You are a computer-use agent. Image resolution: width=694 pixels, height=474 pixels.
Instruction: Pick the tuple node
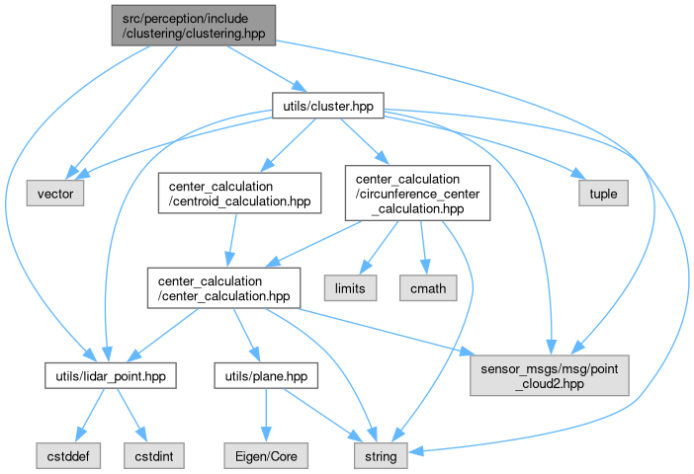(x=602, y=194)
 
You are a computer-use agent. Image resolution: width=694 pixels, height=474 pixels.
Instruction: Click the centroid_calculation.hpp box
(x=240, y=194)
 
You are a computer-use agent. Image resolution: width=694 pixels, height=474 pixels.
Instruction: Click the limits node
(x=350, y=287)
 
